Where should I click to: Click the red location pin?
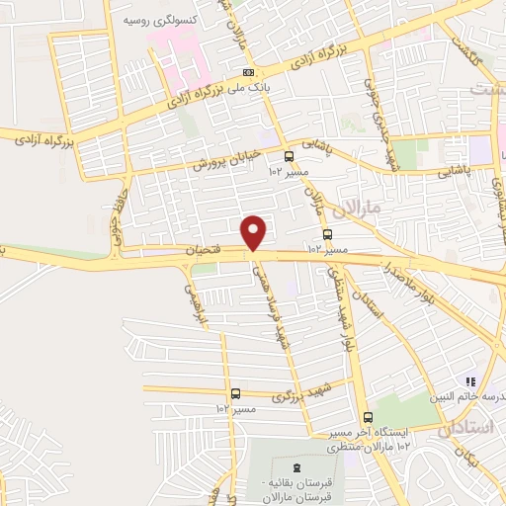click(255, 231)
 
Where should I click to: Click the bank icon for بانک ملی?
click(248, 72)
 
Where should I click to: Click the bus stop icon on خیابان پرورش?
click(289, 156)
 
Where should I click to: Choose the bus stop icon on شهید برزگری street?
click(235, 393)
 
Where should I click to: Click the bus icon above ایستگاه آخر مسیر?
click(368, 416)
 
